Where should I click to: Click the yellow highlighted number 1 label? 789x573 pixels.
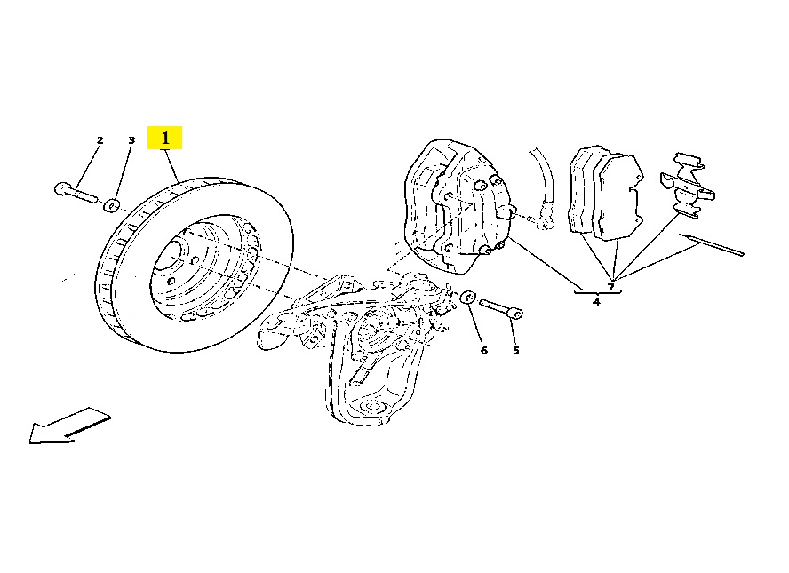(164, 138)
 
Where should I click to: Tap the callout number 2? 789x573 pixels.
(100, 140)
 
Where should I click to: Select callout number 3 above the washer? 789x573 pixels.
(131, 139)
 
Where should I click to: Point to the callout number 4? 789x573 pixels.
(596, 302)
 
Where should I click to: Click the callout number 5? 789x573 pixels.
(515, 350)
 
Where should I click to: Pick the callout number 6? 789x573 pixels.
(484, 350)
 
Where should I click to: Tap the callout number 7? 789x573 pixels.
(611, 287)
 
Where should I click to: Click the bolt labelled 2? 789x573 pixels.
(75, 193)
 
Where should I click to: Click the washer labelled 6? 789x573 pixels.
(468, 297)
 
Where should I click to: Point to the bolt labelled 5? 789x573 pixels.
(501, 308)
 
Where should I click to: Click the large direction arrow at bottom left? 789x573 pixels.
(69, 426)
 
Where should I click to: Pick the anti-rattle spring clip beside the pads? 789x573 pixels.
(688, 185)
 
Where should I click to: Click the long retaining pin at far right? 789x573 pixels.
(711, 244)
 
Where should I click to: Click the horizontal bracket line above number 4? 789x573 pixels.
(598, 292)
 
